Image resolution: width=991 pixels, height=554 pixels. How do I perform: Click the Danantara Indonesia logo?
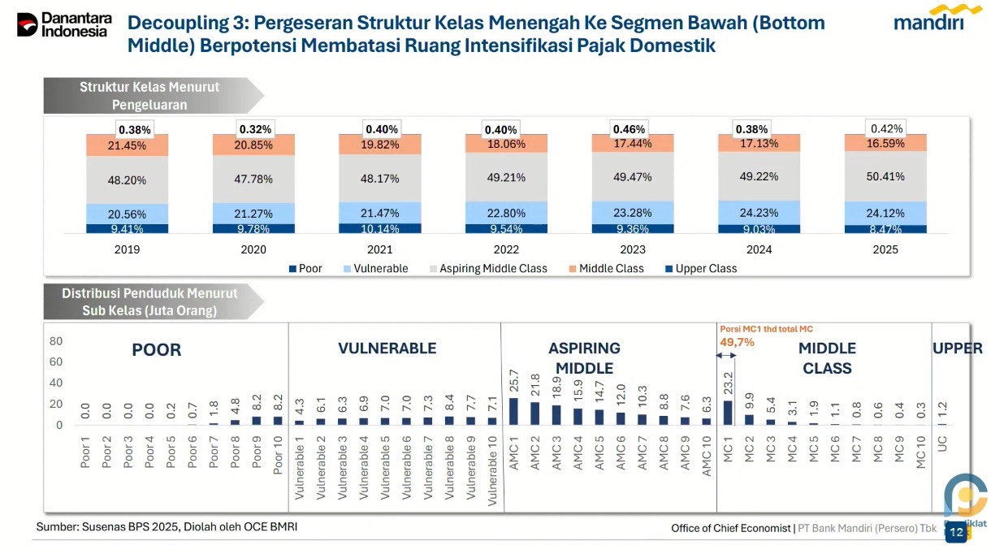[63, 24]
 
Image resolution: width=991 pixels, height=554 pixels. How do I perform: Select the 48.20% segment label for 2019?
[127, 180]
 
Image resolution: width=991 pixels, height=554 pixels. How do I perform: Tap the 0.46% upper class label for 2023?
[629, 129]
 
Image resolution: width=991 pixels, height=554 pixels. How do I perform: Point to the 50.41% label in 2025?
[885, 176]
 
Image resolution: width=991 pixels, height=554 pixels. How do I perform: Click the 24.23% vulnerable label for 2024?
[759, 213]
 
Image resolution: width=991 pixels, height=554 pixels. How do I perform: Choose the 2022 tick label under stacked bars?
[506, 249]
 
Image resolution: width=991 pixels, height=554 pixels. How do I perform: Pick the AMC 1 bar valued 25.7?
[513, 411]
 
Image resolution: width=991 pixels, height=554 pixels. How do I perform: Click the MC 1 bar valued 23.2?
[728, 413]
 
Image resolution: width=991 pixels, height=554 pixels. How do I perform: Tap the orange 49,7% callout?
[737, 342]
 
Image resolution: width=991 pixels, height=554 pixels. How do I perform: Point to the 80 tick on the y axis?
[55, 340]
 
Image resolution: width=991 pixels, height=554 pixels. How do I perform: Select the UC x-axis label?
[942, 446]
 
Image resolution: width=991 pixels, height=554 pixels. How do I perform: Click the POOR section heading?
[156, 350]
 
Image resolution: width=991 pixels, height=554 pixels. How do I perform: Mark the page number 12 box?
[955, 532]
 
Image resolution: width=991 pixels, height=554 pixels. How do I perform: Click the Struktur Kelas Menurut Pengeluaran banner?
[150, 96]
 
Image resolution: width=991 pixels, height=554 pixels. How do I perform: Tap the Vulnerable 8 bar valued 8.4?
[449, 420]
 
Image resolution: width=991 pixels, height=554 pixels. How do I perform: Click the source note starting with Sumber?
[167, 527]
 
